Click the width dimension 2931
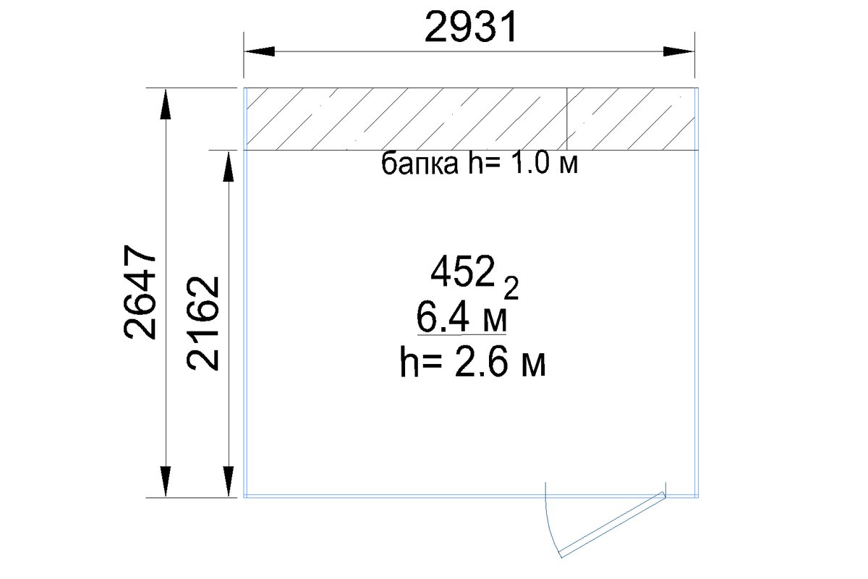pyautogui.click(x=471, y=28)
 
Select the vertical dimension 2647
pyautogui.click(x=140, y=292)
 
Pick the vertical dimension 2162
pyautogui.click(x=203, y=324)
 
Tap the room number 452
pyautogui.click(x=463, y=271)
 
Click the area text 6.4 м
pyautogui.click(x=461, y=318)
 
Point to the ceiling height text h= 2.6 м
pyautogui.click(x=473, y=362)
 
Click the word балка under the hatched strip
pyautogui.click(x=420, y=164)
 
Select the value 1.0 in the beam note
pyautogui.click(x=530, y=163)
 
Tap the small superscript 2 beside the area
pyautogui.click(x=511, y=288)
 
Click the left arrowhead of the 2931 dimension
pyautogui.click(x=260, y=51)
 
